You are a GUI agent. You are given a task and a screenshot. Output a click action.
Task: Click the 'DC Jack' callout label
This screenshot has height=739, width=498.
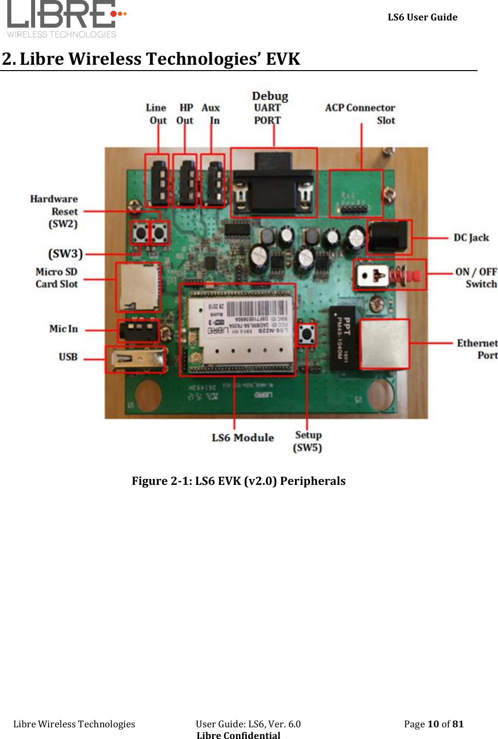[x=471, y=238]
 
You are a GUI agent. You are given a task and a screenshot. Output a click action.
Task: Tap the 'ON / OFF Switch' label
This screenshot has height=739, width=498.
[x=476, y=278]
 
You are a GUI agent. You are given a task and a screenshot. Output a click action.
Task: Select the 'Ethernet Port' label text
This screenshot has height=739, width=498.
[x=477, y=349]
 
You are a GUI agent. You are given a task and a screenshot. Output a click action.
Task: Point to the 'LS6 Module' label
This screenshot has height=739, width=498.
[x=242, y=438]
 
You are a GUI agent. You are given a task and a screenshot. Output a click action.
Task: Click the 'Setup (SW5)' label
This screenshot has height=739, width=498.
[x=308, y=441]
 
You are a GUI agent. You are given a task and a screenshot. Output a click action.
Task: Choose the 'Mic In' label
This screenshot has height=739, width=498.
[x=63, y=329]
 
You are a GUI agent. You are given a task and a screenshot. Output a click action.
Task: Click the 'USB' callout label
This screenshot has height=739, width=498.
[x=68, y=357]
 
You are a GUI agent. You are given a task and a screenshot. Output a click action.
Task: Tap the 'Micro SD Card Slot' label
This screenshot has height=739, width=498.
[x=56, y=278]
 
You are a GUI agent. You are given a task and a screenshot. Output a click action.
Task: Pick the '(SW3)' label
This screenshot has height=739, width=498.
[x=65, y=254]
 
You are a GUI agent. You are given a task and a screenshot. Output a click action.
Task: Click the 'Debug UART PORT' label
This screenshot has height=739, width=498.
[x=269, y=108]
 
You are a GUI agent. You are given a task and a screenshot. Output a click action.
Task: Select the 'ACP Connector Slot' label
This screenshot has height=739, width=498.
[x=360, y=114]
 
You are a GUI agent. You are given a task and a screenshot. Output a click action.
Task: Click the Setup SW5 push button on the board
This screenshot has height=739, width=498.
[x=307, y=334]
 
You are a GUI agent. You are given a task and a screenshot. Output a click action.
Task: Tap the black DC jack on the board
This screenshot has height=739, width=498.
[x=388, y=237]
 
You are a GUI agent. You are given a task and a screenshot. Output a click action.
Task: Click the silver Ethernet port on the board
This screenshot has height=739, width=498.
[x=384, y=344]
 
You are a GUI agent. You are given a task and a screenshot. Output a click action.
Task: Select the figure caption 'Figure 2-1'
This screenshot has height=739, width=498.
[x=239, y=481]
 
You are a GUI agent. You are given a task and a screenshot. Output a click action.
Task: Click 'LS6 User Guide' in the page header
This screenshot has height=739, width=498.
[x=422, y=18]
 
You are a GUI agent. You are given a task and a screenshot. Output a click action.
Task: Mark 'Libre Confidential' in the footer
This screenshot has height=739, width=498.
[x=239, y=735]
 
